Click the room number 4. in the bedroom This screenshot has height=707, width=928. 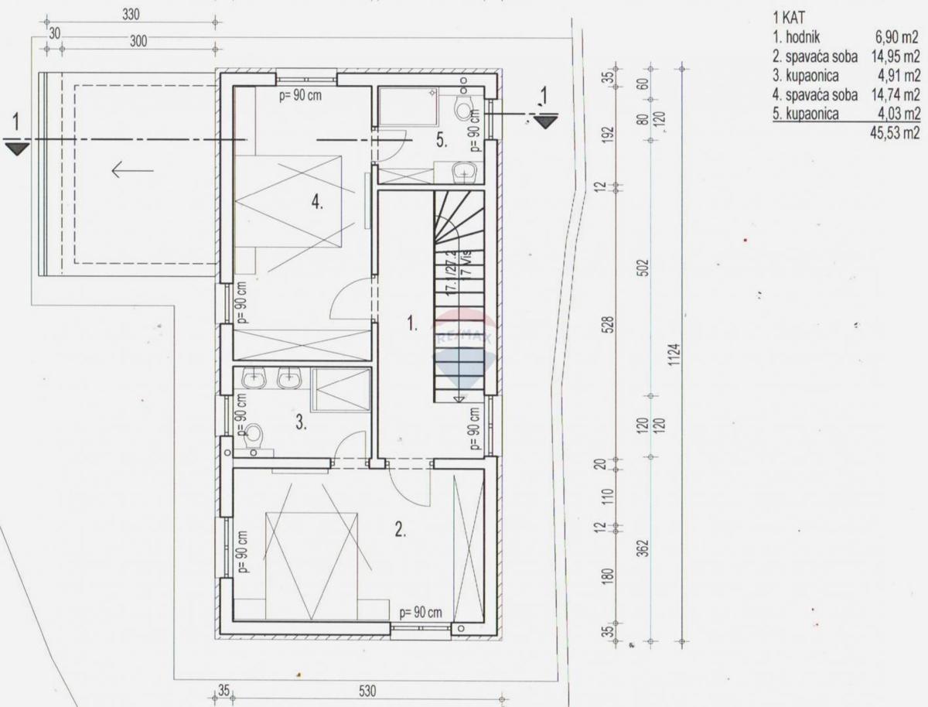[316, 203]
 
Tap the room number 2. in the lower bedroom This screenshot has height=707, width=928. [400, 530]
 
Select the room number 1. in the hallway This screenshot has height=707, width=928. [412, 325]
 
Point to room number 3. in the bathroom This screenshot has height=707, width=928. [302, 422]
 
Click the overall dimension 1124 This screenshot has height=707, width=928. [675, 355]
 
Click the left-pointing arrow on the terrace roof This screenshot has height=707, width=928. [131, 169]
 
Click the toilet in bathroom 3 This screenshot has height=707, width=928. [255, 437]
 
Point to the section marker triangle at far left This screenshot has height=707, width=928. [16, 145]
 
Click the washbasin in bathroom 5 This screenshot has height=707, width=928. [463, 170]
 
